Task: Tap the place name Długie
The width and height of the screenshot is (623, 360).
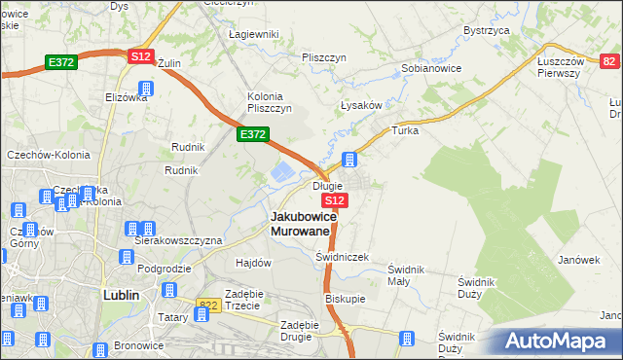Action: (326, 186)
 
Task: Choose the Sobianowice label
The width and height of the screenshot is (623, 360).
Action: (431, 69)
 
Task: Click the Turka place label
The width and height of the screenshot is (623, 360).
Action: (404, 129)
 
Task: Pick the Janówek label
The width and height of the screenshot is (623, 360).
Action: (578, 260)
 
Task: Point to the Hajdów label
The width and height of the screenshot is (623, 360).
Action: (253, 263)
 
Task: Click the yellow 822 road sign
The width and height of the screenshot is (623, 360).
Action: (207, 305)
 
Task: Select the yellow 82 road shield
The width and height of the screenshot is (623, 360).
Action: (609, 61)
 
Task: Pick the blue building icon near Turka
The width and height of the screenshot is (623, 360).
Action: (350, 159)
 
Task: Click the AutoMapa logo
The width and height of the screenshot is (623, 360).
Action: (558, 341)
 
